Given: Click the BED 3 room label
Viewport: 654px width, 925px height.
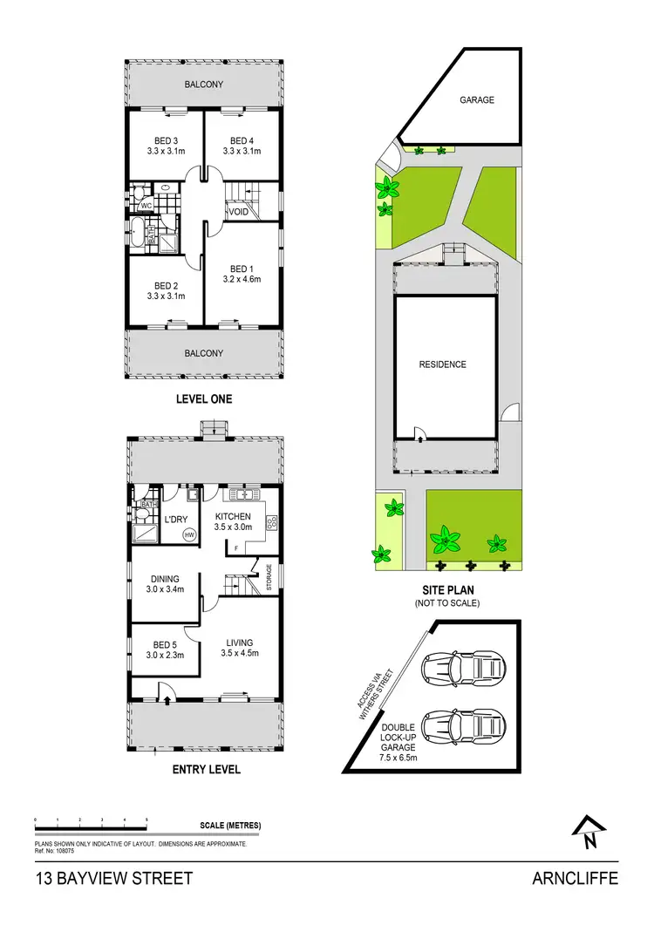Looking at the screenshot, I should [165, 141].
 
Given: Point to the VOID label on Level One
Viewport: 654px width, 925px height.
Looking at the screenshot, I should [239, 212].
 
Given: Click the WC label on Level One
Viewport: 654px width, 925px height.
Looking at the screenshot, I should [146, 206].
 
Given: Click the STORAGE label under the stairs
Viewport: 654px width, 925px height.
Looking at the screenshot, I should [269, 578].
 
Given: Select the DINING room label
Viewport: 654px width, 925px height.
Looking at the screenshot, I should [165, 579].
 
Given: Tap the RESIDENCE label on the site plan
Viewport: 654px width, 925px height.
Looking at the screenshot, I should [442, 364].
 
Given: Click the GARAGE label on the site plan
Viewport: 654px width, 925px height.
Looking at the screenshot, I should [477, 100].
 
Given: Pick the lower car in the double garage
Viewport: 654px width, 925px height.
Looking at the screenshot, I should [461, 725].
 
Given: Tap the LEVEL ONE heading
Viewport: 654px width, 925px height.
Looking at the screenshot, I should [204, 400].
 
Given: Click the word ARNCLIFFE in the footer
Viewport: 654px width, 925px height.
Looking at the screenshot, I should [575, 878].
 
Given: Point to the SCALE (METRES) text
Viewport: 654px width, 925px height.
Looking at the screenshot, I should [230, 825].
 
